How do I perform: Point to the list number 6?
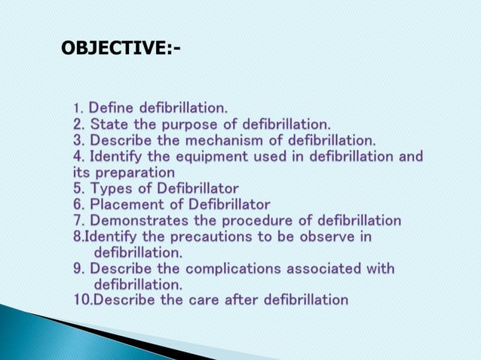(78, 204)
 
